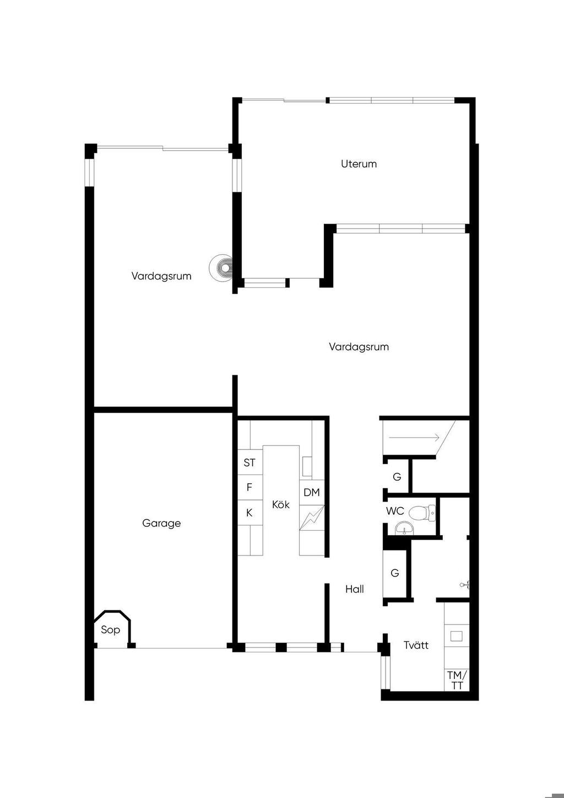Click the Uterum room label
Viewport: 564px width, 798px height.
(x=359, y=164)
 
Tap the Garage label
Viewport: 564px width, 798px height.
(x=161, y=524)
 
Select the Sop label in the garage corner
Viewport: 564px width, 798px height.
(x=110, y=630)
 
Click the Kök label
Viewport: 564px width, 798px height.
(x=280, y=504)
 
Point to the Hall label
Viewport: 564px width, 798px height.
(x=355, y=589)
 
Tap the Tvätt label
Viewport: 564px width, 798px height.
(x=416, y=645)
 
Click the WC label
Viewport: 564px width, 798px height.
(x=395, y=511)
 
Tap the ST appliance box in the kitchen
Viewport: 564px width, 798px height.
(x=250, y=462)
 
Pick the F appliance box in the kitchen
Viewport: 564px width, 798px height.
(x=250, y=487)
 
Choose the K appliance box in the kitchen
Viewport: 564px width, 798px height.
(x=250, y=513)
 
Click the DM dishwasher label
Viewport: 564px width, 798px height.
(x=312, y=492)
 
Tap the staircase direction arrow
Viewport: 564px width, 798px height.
(x=414, y=438)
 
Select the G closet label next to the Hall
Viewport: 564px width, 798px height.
(x=395, y=573)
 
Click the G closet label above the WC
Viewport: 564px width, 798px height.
(x=397, y=477)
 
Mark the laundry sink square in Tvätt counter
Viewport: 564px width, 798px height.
(x=457, y=636)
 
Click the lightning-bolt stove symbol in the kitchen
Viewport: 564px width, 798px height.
(x=312, y=517)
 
